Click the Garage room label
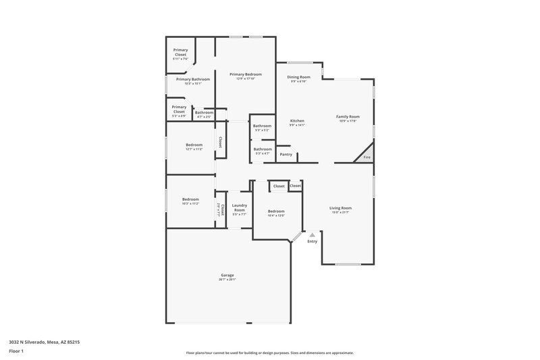tap(227, 275)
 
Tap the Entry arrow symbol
tap(312, 234)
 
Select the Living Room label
tap(340, 208)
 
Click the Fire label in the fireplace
tap(367, 157)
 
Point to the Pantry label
tap(286, 154)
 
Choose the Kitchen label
tap(297, 121)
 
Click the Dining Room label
tap(298, 77)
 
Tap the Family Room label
tap(348, 117)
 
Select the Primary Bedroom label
tap(245, 74)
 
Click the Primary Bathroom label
tap(193, 80)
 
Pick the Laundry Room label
tap(239, 207)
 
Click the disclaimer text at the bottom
tap(269, 353)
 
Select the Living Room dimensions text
tap(340, 213)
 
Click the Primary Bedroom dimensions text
tap(245, 79)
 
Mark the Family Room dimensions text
tap(348, 122)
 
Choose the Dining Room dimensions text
tap(298, 82)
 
